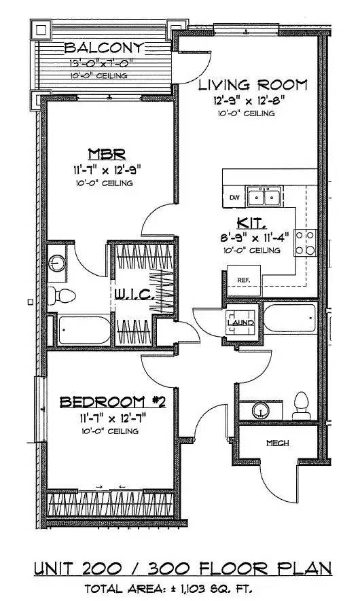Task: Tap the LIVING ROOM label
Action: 252,86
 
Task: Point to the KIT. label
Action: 253,223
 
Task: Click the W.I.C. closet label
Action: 136,295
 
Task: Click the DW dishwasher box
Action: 234,198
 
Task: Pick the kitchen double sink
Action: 265,198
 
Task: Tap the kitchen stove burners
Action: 306,242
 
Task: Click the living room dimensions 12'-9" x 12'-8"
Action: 252,101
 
